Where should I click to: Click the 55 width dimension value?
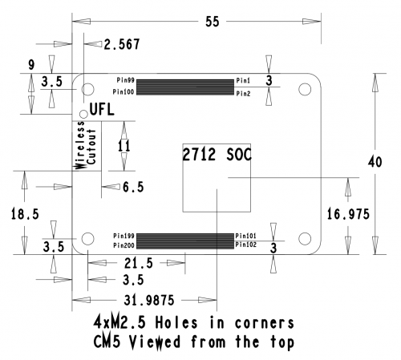point(213,22)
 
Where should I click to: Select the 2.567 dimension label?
point(122,44)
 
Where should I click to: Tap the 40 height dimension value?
point(375,162)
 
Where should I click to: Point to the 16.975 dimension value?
point(348,214)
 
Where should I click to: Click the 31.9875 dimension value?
point(149,300)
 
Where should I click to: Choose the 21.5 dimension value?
point(139,263)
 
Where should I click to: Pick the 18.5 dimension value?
point(25,214)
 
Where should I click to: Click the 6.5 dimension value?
point(133,187)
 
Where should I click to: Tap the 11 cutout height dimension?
point(124,146)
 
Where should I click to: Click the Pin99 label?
point(125,80)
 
